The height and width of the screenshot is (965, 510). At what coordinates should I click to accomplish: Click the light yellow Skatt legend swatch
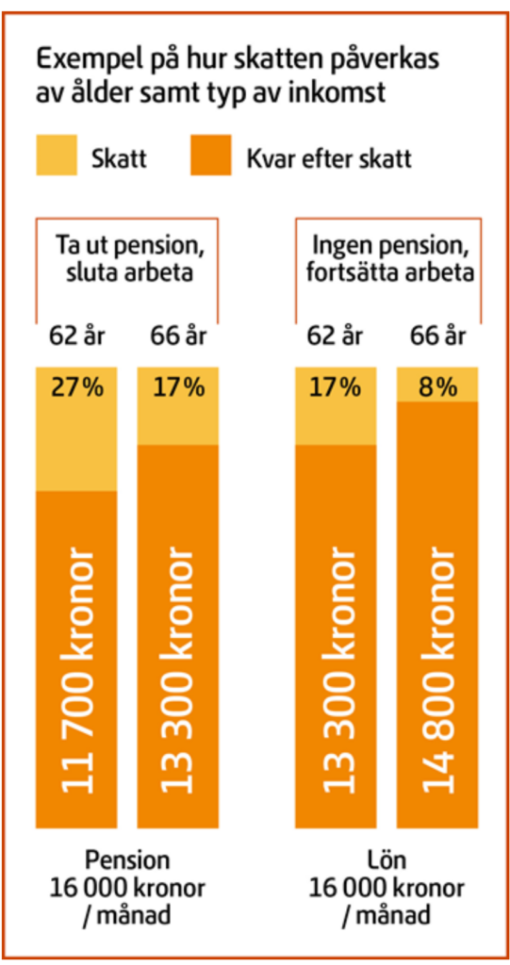(x=58, y=155)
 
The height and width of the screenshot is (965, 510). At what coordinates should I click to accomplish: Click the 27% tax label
(x=76, y=387)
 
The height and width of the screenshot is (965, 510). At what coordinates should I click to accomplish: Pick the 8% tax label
(x=436, y=386)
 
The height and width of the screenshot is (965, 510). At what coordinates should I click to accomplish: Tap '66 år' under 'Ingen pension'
(x=439, y=336)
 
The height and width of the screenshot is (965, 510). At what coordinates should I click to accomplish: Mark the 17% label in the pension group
(x=178, y=387)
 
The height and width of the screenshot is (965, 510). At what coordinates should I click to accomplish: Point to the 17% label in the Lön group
(x=335, y=387)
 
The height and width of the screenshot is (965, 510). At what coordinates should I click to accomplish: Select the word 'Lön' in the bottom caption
(x=387, y=859)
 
